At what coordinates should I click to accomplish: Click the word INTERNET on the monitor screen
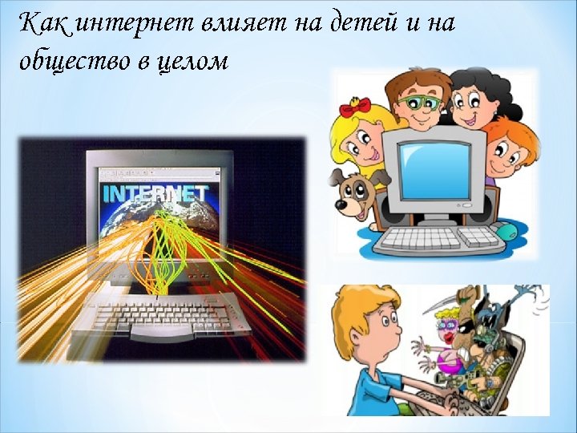(155, 193)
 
